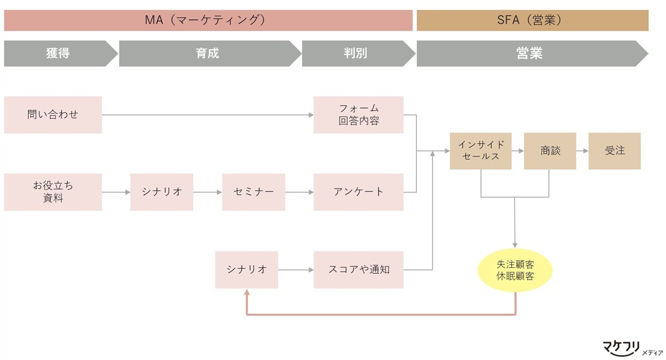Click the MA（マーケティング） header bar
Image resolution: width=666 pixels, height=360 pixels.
[x=208, y=21]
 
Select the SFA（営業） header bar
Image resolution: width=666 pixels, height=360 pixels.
[x=532, y=21]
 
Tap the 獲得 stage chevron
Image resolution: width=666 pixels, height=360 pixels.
[x=58, y=53]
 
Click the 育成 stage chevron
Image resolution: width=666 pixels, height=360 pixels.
[x=208, y=53]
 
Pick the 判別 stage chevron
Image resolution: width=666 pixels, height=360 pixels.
[x=356, y=53]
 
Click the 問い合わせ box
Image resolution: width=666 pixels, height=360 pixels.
[x=53, y=115]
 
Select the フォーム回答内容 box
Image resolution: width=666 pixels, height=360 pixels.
[x=359, y=115]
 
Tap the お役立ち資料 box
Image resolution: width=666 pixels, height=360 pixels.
[x=53, y=192]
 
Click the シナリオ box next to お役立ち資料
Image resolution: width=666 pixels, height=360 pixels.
[x=162, y=192]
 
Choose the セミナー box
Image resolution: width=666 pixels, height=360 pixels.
[x=254, y=192]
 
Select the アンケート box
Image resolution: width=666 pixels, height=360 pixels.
[x=359, y=192]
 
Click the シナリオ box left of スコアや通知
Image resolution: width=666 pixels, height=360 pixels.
[x=246, y=270]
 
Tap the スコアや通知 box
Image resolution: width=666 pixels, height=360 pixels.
[x=359, y=270]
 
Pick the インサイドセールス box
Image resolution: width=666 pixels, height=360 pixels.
[x=481, y=151]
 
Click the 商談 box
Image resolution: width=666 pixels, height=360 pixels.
[x=550, y=151]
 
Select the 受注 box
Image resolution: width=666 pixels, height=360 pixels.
[x=614, y=151]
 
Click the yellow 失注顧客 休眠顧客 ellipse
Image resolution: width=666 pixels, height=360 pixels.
[x=515, y=270]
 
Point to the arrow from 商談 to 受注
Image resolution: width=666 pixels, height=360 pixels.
[x=582, y=151]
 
